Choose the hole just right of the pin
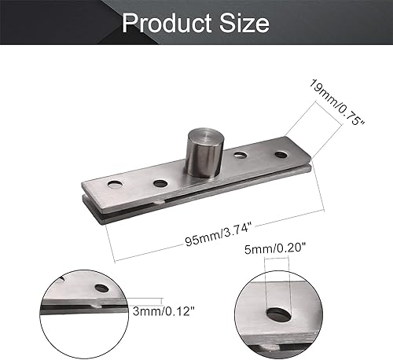[x=241, y=155]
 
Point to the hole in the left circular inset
[x=99, y=288]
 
